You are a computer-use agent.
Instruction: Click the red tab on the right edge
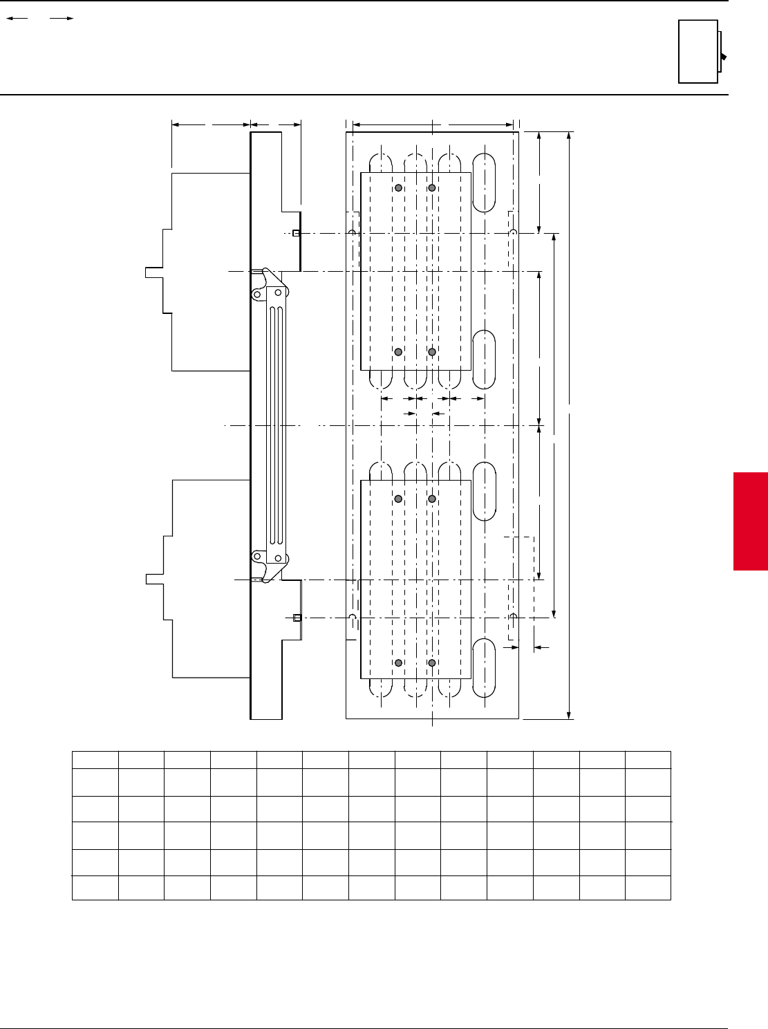pos(751,521)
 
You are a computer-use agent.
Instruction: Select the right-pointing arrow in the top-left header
pos(62,19)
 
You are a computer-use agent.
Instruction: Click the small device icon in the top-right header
pos(701,52)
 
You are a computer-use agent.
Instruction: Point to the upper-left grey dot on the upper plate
pos(398,188)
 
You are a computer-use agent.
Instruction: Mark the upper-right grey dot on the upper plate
pos(432,188)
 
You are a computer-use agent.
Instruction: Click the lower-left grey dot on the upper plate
pos(398,352)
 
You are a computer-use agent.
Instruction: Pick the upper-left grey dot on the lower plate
pos(398,499)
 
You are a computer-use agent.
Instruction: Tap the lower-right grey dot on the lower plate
pos(432,663)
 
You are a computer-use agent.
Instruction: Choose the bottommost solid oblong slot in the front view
pos(484,667)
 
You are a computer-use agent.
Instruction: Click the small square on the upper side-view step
pos(296,234)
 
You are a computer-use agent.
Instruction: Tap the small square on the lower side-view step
pos(297,618)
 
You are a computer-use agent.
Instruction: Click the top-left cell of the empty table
pos(95,759)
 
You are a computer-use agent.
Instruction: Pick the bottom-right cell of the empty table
pos(648,887)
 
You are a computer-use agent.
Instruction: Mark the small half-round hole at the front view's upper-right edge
pos(513,234)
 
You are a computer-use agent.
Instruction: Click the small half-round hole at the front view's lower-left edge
pos(353,617)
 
